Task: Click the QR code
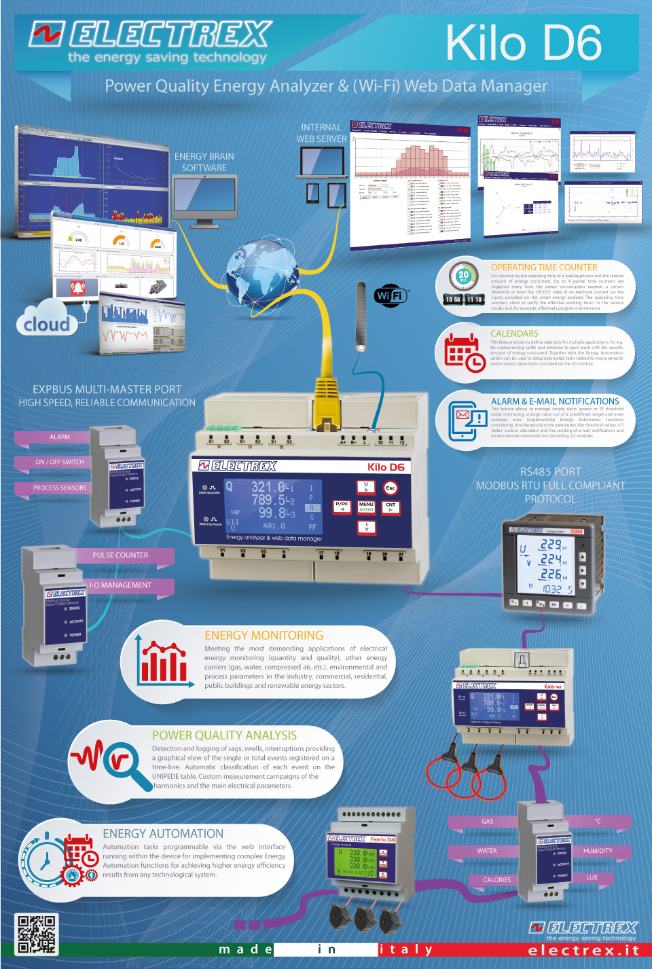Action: [36, 933]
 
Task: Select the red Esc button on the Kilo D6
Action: [391, 488]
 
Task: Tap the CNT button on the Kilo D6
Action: [391, 507]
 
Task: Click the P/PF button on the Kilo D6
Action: [342, 507]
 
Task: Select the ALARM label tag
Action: [60, 437]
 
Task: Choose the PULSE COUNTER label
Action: [120, 555]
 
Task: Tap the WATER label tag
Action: [487, 851]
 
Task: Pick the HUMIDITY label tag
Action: [598, 851]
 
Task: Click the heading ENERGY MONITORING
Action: [264, 636]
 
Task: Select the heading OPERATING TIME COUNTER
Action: [544, 268]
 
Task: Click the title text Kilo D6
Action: [524, 42]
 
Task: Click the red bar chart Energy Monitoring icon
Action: [163, 662]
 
